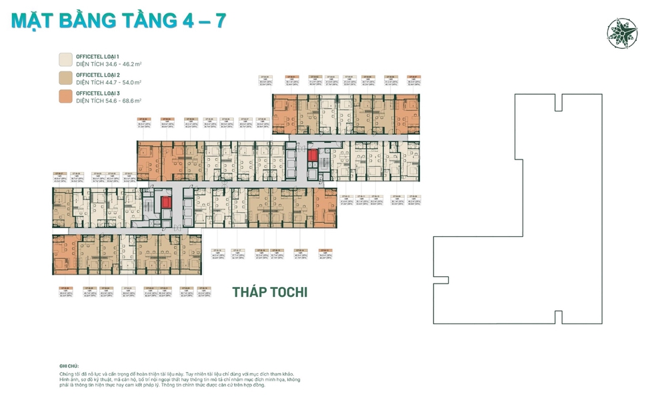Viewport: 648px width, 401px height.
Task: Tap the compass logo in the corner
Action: (621, 31)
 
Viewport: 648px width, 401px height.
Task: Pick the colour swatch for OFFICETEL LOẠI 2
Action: (66, 78)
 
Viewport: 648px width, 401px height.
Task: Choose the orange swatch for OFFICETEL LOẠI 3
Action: (66, 97)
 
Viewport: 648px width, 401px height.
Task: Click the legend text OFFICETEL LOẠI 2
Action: (99, 75)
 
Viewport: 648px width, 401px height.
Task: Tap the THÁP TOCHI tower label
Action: (269, 292)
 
